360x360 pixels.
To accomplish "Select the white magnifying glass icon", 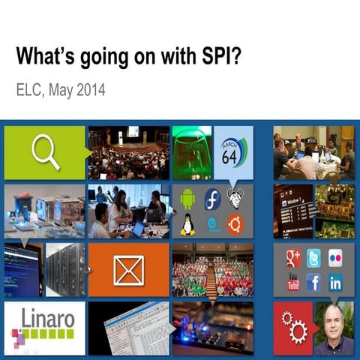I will pyautogui.click(x=45, y=152).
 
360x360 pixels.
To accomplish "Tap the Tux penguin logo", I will pyautogui.click(x=187, y=223).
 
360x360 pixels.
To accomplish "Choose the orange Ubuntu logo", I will pyautogui.click(x=236, y=223).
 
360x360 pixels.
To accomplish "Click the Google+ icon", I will pyautogui.click(x=292, y=258).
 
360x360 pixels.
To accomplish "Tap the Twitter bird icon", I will pyautogui.click(x=313, y=258).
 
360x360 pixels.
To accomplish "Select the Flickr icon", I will pyautogui.click(x=335, y=258).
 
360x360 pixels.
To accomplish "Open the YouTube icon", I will pyautogui.click(x=292, y=282).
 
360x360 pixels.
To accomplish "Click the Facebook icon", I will pyautogui.click(x=313, y=282).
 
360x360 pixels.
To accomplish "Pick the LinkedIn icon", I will pyautogui.click(x=335, y=282).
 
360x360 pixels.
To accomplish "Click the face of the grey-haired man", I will pyautogui.click(x=334, y=321).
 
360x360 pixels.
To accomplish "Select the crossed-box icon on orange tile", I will pyautogui.click(x=128, y=270).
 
